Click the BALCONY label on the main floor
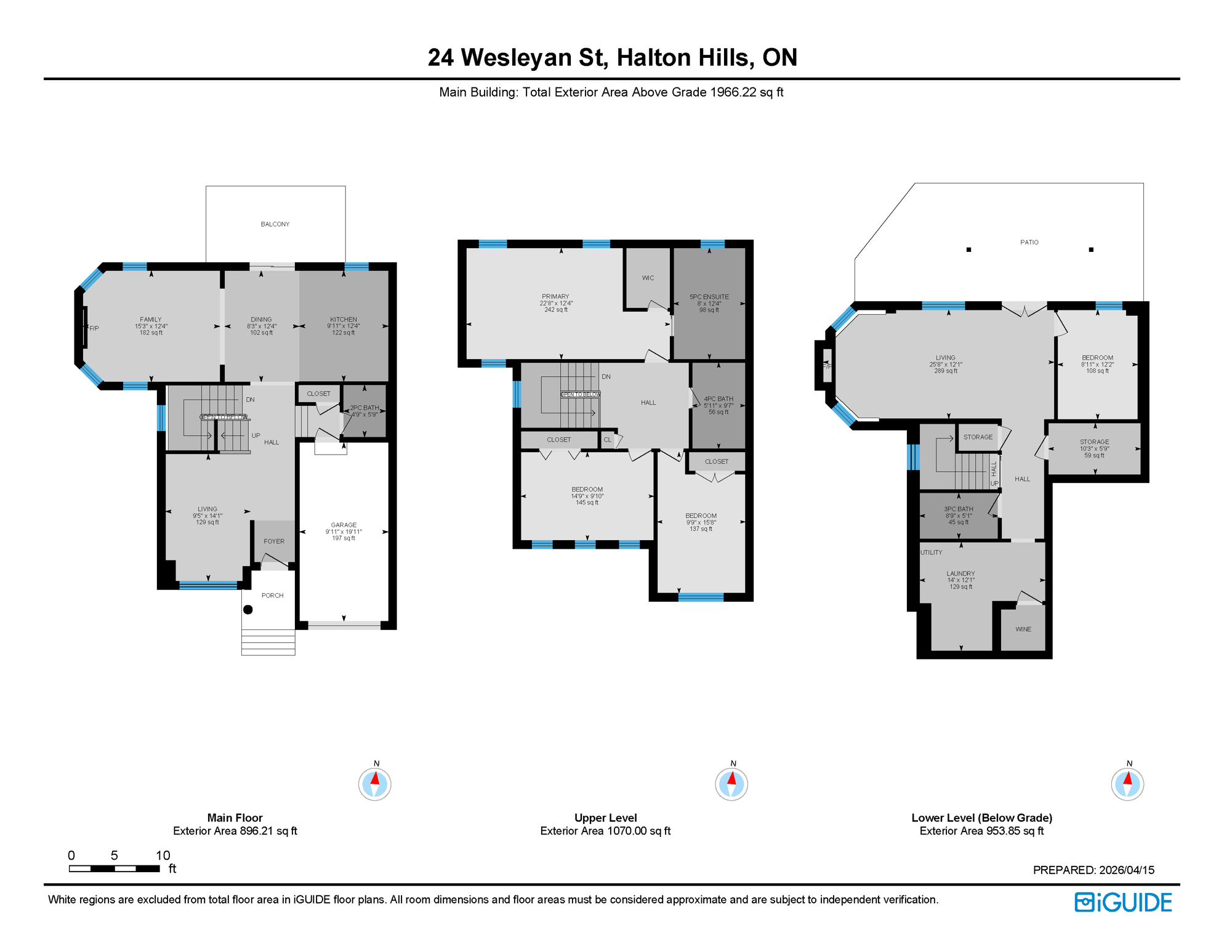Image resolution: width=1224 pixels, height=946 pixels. pyautogui.click(x=275, y=224)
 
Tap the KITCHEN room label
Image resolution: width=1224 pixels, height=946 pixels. pyautogui.click(x=343, y=320)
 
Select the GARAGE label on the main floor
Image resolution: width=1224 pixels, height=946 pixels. pyautogui.click(x=344, y=525)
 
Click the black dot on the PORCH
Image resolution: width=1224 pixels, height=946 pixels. pyautogui.click(x=248, y=610)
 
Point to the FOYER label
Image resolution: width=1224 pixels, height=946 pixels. pyautogui.click(x=274, y=541)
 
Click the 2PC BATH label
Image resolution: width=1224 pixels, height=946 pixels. pyautogui.click(x=364, y=408)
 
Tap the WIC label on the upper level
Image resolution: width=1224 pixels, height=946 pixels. pyautogui.click(x=648, y=278)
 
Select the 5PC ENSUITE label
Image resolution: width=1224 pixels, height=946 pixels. pyautogui.click(x=709, y=297)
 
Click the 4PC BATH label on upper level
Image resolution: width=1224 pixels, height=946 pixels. pyautogui.click(x=718, y=399)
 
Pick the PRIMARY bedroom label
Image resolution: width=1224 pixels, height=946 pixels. pyautogui.click(x=555, y=296)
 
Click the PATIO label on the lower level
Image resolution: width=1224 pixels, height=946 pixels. pyautogui.click(x=1029, y=242)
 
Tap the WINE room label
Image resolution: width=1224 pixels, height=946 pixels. pyautogui.click(x=1023, y=629)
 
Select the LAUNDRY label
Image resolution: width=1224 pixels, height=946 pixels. pyautogui.click(x=960, y=573)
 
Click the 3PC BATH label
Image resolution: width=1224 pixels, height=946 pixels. pyautogui.click(x=958, y=509)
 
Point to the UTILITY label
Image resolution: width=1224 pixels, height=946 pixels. pyautogui.click(x=931, y=552)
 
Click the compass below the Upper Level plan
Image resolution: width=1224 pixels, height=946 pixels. pyautogui.click(x=731, y=784)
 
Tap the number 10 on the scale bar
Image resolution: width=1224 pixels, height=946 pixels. pyautogui.click(x=163, y=855)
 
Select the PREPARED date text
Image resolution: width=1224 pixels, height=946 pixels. pyautogui.click(x=1093, y=870)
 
